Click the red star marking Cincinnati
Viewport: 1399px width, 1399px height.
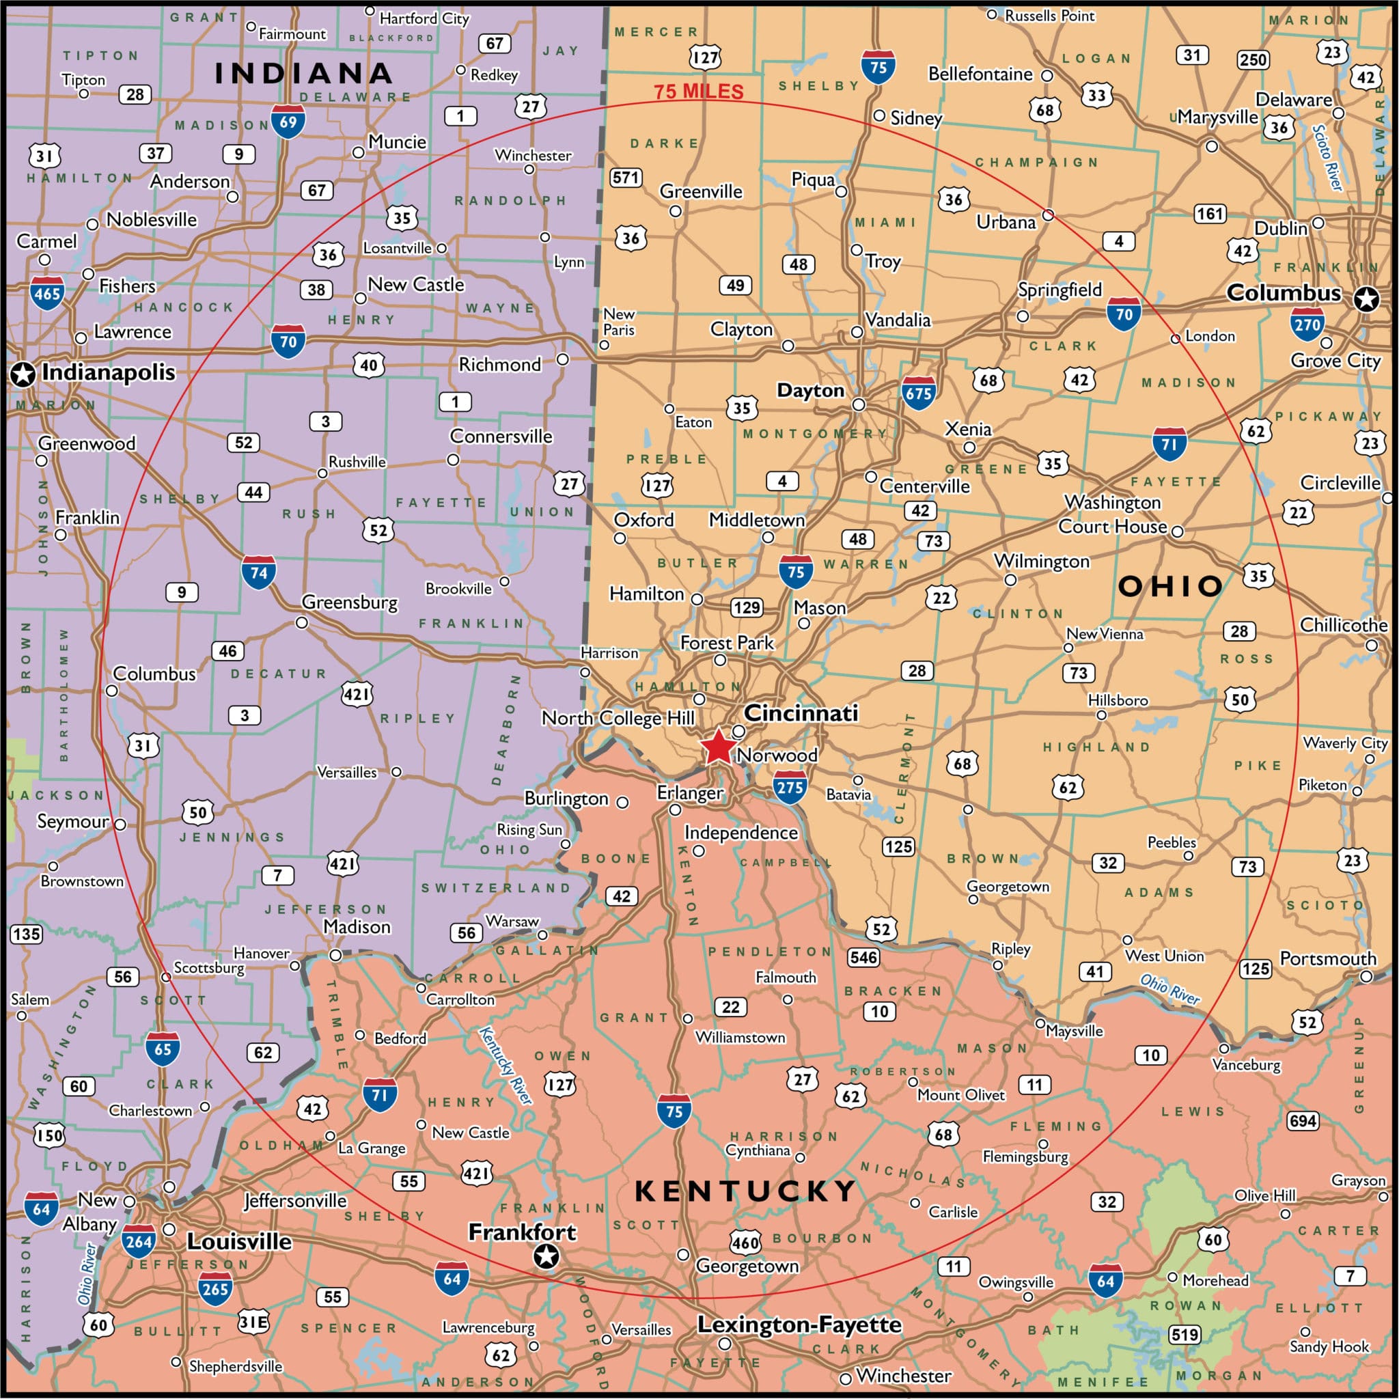tap(718, 747)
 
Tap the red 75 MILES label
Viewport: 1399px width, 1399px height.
tap(698, 92)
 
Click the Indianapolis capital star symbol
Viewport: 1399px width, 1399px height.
tap(23, 374)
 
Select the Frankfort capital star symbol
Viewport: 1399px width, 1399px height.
tap(546, 1256)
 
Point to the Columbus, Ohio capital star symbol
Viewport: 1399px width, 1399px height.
tap(1366, 299)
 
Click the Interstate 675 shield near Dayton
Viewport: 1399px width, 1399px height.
tap(918, 393)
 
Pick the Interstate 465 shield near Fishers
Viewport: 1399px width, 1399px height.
tap(47, 293)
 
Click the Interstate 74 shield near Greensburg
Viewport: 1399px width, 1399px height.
tap(258, 572)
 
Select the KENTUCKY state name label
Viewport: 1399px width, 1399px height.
tap(745, 1191)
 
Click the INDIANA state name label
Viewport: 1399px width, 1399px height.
tap(303, 72)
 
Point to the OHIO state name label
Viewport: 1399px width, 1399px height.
tap(1170, 586)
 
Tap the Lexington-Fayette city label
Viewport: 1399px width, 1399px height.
tap(799, 1325)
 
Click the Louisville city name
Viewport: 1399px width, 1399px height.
tap(239, 1241)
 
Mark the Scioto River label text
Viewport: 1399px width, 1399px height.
tap(1327, 158)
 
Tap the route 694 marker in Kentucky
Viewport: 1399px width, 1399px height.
tap(1302, 1121)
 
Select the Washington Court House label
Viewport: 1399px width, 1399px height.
tap(1112, 514)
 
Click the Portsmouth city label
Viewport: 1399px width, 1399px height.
tap(1327, 958)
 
